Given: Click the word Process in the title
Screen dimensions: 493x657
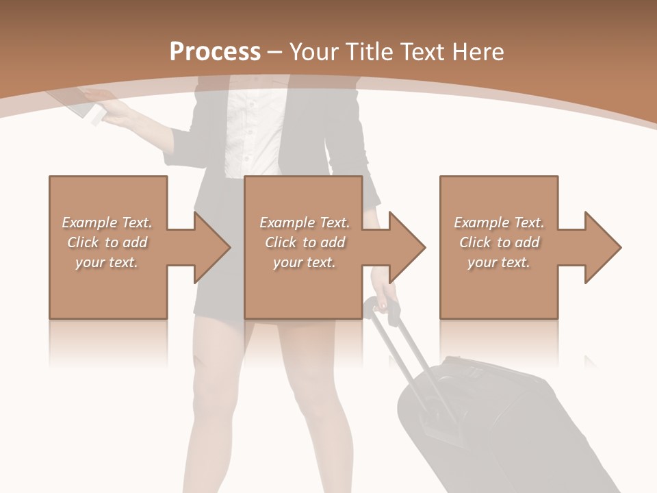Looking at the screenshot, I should tap(215, 52).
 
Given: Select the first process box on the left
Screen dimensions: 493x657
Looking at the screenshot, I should tap(108, 288).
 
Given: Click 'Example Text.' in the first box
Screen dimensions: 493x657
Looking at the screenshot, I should tap(107, 223).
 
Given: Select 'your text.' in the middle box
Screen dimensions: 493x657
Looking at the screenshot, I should tap(304, 262).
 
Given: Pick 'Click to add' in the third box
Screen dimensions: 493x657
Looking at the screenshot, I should tap(500, 242).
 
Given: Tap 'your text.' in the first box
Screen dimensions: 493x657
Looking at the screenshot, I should tap(107, 262).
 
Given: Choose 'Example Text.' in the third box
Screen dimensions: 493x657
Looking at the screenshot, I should tap(499, 223).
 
